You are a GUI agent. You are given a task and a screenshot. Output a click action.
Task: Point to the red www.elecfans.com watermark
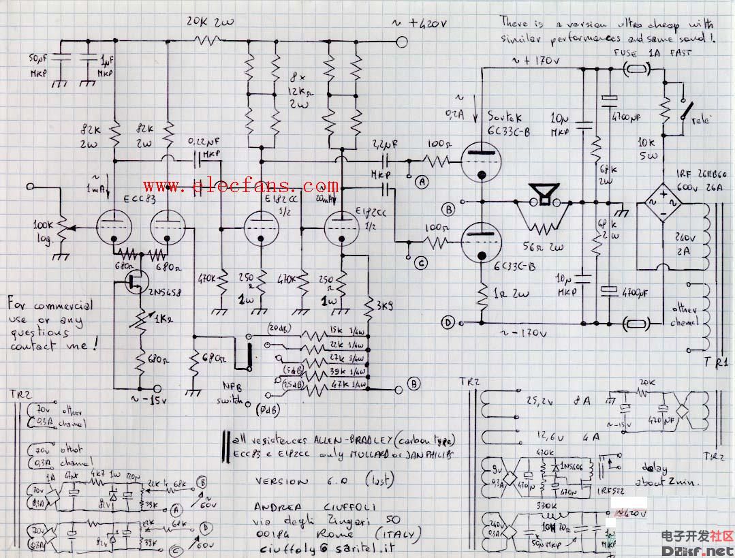[240, 186]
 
